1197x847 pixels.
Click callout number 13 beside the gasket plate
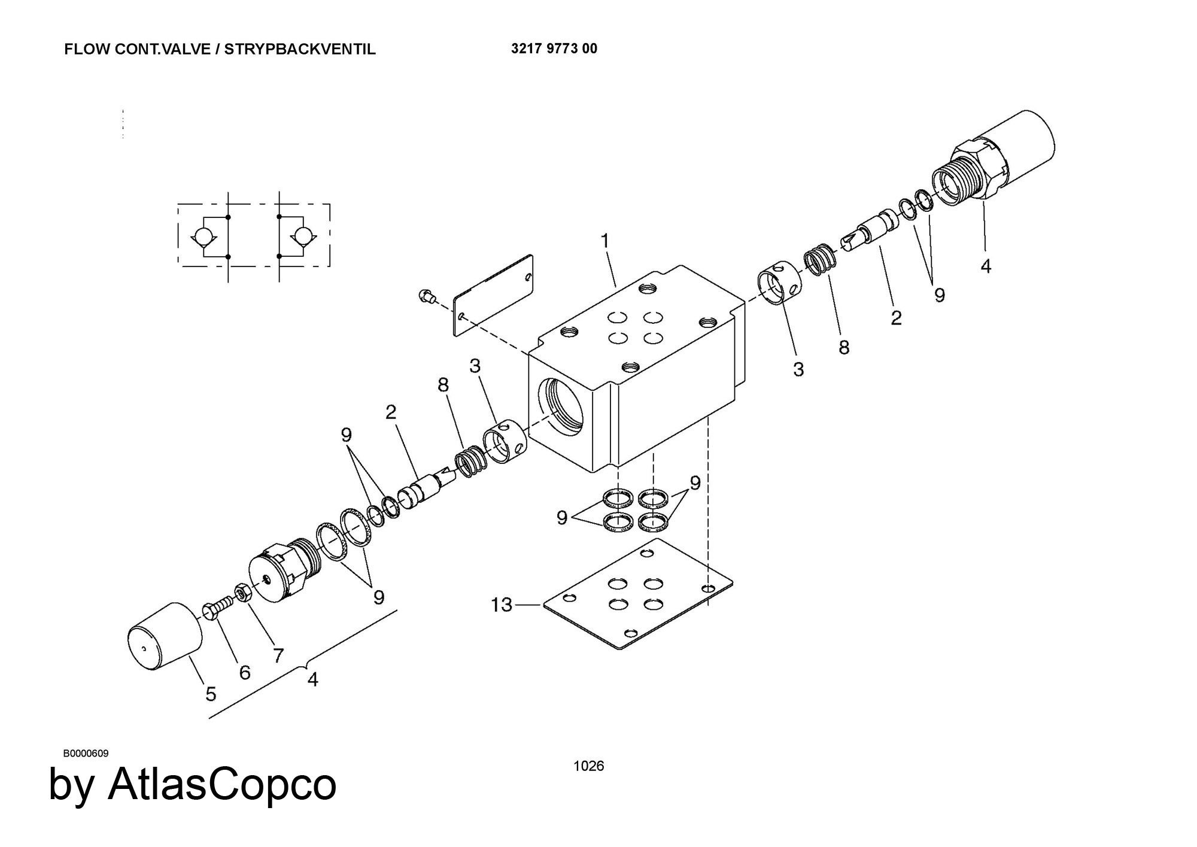tap(502, 605)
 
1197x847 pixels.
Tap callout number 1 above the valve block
tap(605, 241)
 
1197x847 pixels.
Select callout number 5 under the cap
tap(211, 694)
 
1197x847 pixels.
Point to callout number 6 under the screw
tap(244, 672)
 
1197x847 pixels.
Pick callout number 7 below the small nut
tap(278, 656)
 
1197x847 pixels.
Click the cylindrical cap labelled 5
tap(165, 636)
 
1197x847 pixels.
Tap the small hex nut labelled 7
tap(242, 592)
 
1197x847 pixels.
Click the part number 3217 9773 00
tap(554, 48)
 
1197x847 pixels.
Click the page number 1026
tap(588, 766)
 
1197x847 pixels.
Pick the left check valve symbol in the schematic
tap(203, 236)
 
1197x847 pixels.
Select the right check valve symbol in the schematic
tap(303, 236)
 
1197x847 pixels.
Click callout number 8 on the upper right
tap(843, 347)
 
